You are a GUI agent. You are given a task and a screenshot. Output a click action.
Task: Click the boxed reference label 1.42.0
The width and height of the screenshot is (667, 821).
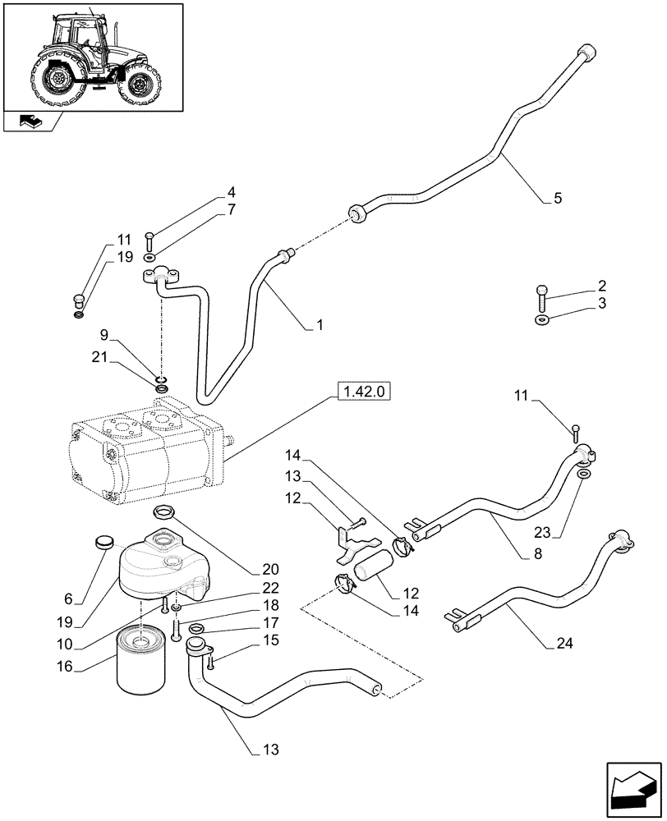pyautogui.click(x=362, y=393)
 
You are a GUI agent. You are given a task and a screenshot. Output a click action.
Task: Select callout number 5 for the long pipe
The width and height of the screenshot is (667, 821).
pyautogui.click(x=558, y=198)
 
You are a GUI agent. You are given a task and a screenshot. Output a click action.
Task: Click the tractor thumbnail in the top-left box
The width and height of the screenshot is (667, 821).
pyautogui.click(x=93, y=56)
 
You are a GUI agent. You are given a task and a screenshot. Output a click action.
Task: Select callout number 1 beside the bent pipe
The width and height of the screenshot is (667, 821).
pyautogui.click(x=320, y=325)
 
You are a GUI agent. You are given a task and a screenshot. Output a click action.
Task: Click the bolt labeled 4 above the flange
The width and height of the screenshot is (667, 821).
pyautogui.click(x=149, y=241)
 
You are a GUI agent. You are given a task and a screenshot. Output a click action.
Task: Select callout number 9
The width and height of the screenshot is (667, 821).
pyautogui.click(x=104, y=335)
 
